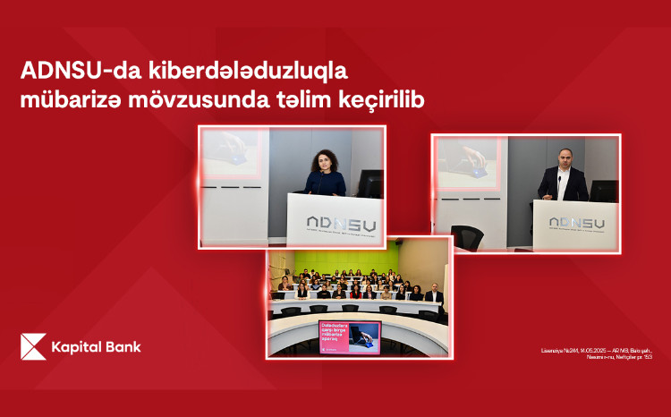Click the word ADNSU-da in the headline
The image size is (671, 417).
coord(72,71)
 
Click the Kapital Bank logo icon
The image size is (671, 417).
coord(33,346)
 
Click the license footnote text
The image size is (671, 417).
coord(604,353)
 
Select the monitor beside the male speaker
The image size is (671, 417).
coord(605,191)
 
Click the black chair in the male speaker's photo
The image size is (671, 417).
coord(467,236)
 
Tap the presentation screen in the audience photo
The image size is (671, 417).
coord(349,336)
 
